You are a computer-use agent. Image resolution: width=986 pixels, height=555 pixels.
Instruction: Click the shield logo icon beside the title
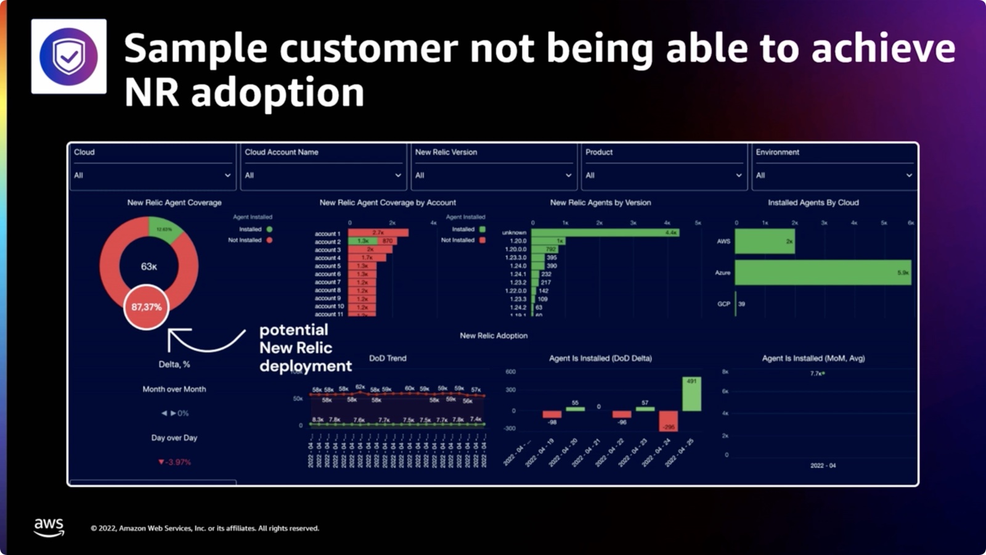point(68,56)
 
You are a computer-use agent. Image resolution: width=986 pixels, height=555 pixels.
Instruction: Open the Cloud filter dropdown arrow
point(227,175)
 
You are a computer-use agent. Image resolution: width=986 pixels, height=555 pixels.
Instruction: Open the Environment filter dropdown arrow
point(909,175)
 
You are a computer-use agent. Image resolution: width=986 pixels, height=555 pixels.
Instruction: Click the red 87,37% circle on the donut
point(146,306)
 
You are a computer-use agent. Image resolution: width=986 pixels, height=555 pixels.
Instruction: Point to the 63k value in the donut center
point(149,266)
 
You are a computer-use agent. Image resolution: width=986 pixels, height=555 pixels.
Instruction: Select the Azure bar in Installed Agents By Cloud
point(823,273)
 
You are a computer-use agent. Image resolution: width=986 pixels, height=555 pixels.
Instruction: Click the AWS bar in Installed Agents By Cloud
point(765,241)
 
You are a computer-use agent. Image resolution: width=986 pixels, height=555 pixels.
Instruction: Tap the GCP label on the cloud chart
point(723,304)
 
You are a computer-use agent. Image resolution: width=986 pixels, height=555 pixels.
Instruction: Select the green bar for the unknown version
point(605,232)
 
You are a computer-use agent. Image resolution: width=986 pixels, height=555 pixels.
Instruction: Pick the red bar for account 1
point(378,232)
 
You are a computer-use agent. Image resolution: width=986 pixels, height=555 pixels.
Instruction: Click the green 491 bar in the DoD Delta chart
point(691,393)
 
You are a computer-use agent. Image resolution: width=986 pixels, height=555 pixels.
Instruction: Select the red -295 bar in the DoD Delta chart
point(668,421)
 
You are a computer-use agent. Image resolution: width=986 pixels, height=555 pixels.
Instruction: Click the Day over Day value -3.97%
point(175,462)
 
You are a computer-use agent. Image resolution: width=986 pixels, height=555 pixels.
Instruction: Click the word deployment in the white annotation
point(306,366)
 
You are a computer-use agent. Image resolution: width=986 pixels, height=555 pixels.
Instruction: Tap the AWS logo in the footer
point(49,527)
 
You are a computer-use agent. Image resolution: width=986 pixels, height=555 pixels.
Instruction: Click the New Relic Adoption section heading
point(494,335)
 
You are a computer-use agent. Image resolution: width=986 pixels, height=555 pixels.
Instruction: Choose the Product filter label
point(599,152)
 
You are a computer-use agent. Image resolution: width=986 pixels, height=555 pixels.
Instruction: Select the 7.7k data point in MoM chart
point(823,373)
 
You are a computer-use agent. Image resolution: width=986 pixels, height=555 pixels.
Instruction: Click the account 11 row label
point(329,314)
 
